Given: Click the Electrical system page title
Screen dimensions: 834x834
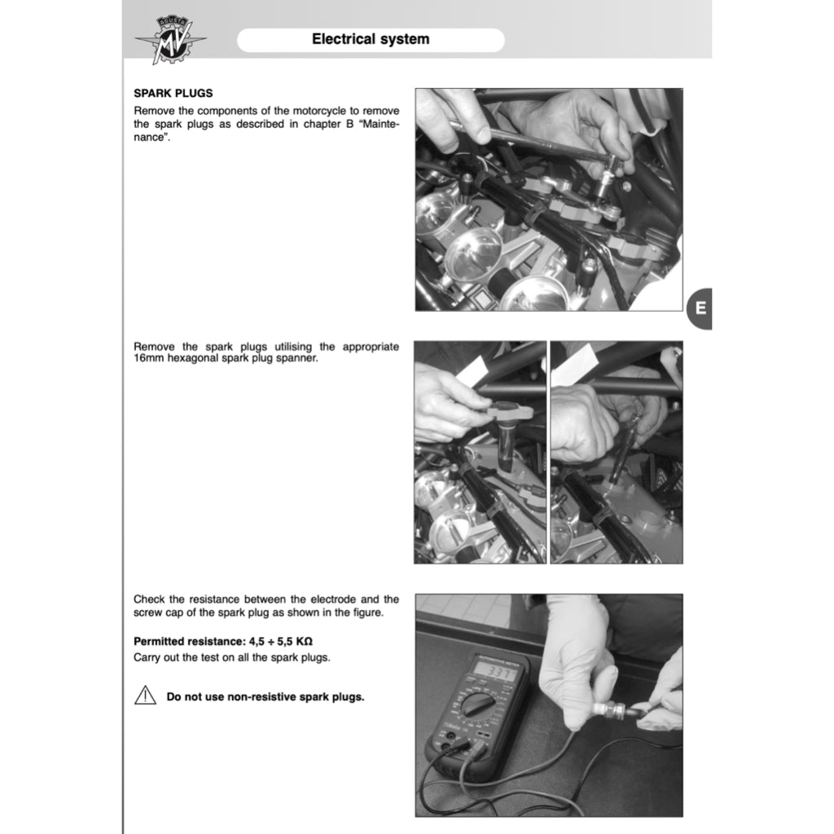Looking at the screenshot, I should point(371,39).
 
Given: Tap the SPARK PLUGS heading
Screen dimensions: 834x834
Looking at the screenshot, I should point(173,94).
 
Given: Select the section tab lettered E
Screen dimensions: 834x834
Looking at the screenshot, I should point(700,309).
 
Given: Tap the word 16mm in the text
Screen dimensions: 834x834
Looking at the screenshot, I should point(148,358).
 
